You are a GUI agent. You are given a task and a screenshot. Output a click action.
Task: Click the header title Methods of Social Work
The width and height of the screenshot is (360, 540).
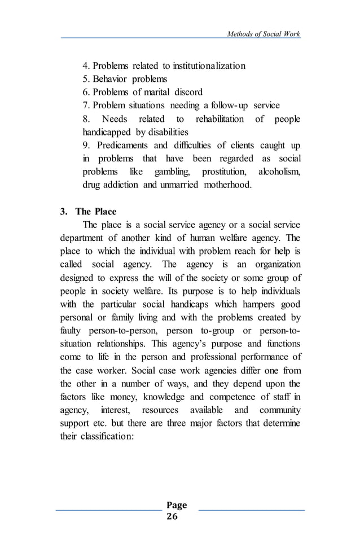[263, 34]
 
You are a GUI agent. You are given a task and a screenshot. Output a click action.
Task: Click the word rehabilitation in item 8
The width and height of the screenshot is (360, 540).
[219, 119]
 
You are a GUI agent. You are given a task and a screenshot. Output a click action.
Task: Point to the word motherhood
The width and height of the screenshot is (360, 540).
[223, 185]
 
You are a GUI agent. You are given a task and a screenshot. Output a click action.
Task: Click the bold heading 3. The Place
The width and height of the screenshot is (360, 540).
[88, 212]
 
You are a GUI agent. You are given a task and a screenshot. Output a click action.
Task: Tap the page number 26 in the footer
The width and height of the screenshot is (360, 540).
[172, 516]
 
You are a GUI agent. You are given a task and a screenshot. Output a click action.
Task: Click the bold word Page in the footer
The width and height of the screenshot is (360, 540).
[177, 505]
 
